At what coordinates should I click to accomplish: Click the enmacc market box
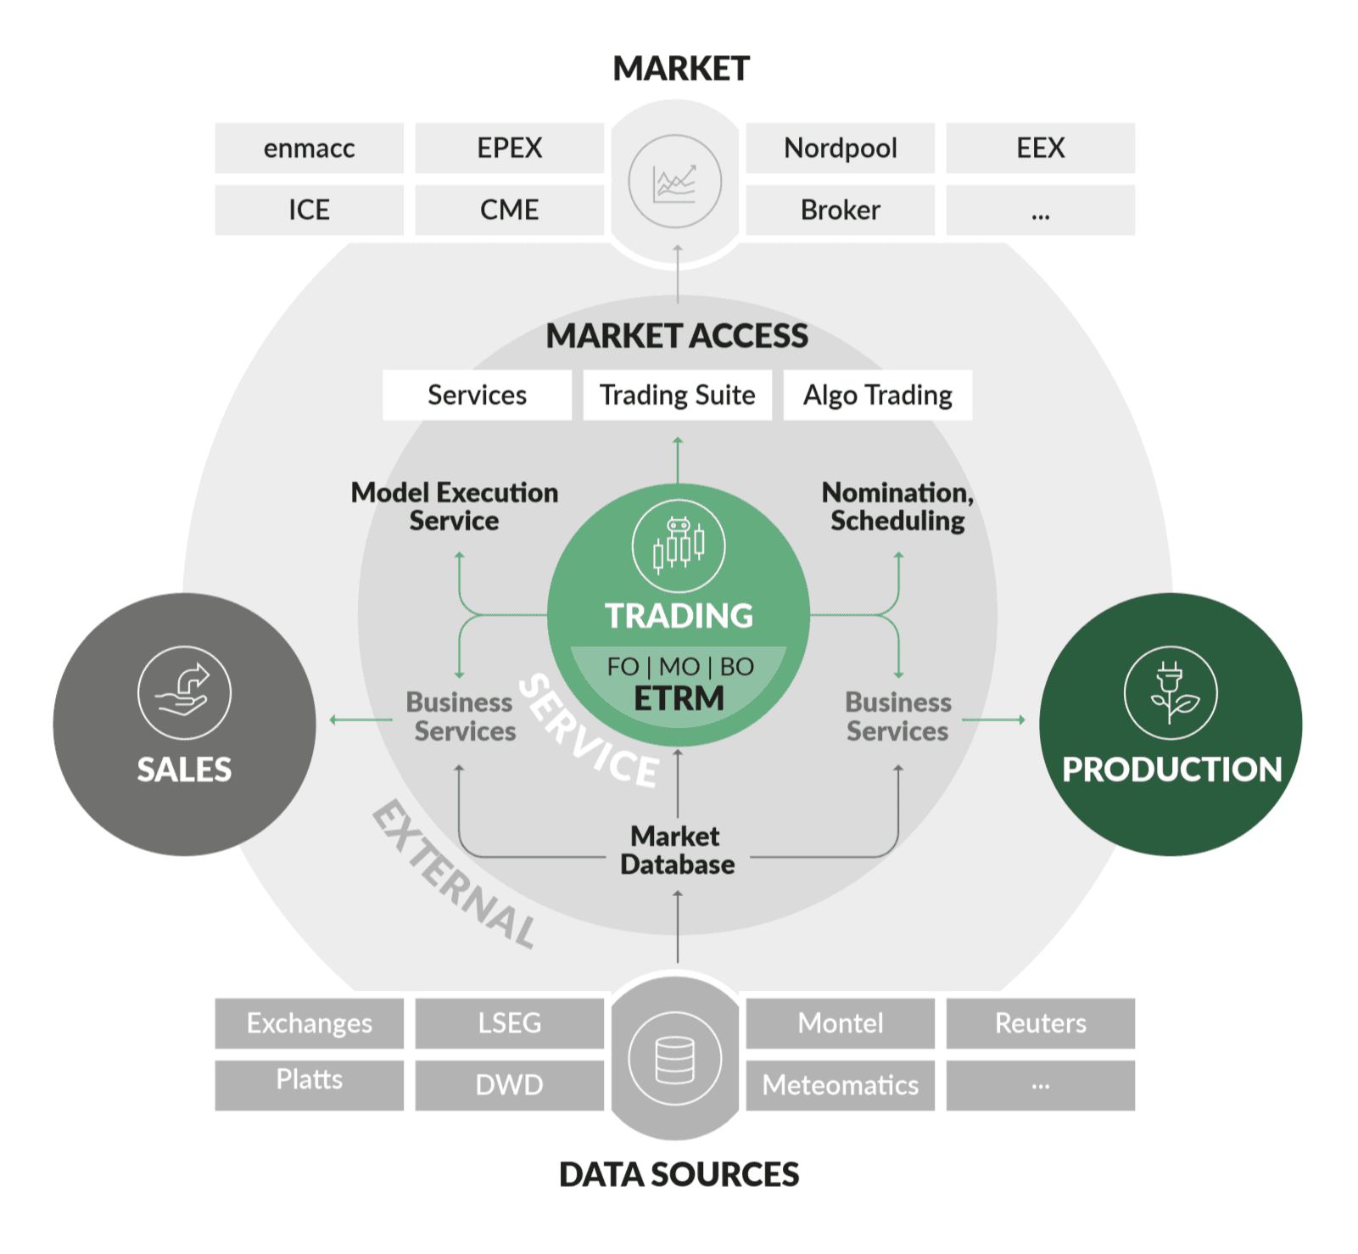click(x=309, y=148)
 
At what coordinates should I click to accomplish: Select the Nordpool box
click(x=840, y=148)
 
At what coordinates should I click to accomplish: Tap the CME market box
click(x=509, y=210)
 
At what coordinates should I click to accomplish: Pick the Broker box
click(x=840, y=210)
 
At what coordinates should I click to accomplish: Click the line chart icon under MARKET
click(x=675, y=182)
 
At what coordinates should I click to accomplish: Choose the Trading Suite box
click(x=677, y=395)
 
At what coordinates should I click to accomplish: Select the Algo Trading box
click(x=877, y=395)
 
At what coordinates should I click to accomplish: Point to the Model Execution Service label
click(x=455, y=507)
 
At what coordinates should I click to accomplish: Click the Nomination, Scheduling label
click(x=897, y=507)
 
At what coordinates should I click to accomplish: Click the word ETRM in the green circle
click(x=679, y=698)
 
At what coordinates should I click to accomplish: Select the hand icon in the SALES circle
click(x=184, y=692)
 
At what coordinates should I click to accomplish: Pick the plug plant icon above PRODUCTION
click(x=1171, y=692)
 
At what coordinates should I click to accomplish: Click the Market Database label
click(x=677, y=850)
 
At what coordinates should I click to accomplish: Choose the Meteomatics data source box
click(x=840, y=1085)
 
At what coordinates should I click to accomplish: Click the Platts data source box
click(x=309, y=1080)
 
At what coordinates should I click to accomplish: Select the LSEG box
click(x=509, y=1023)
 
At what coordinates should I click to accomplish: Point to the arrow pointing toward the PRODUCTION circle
click(x=993, y=719)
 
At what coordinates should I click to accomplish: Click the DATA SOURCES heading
click(x=679, y=1174)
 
